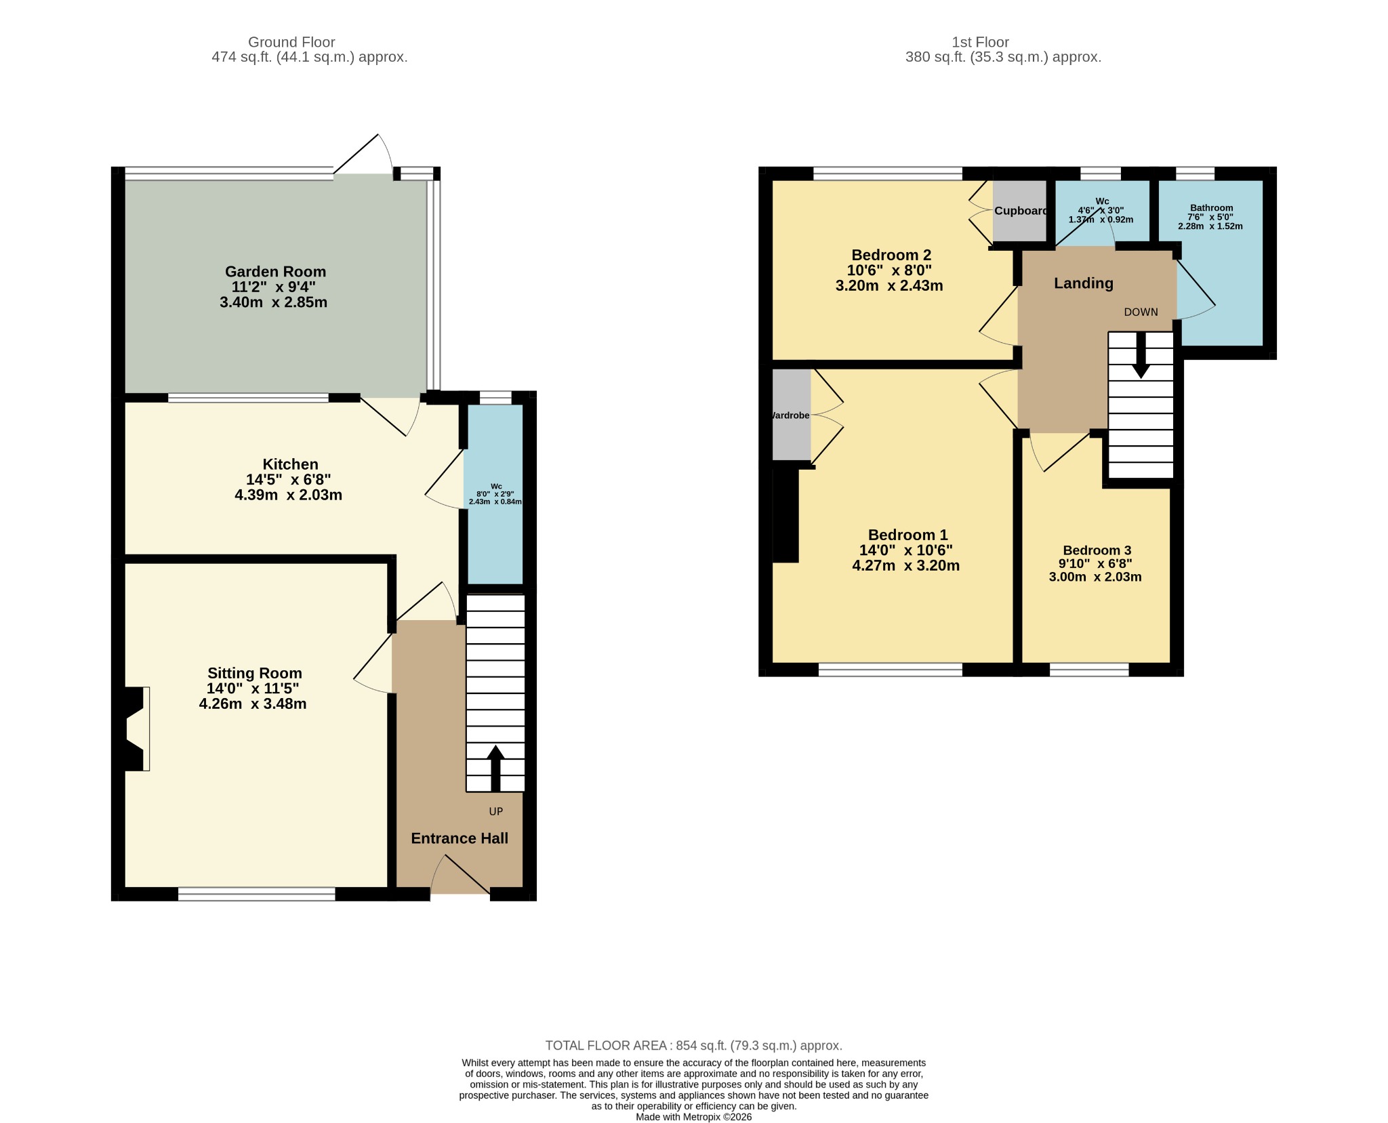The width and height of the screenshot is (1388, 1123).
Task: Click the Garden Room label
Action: point(275,272)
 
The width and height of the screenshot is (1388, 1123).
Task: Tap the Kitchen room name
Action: point(290,464)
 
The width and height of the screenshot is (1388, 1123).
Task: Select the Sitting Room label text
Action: point(254,673)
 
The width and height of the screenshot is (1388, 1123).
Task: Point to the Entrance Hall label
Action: point(460,838)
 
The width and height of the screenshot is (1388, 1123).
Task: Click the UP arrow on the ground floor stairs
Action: point(495,769)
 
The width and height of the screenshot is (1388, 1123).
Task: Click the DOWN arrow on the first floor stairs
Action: point(1141,354)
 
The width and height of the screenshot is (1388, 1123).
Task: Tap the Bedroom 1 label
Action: point(907,535)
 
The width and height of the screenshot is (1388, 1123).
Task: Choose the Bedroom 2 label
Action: point(891,255)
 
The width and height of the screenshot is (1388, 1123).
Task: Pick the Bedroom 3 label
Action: point(1097,550)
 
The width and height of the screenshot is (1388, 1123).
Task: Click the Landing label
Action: point(1083,283)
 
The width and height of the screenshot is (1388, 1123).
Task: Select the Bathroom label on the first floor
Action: point(1211,208)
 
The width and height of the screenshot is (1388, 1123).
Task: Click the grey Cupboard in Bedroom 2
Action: point(1019,211)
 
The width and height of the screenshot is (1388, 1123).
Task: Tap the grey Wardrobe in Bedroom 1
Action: point(792,415)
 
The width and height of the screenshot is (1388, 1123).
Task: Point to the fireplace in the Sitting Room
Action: point(136,729)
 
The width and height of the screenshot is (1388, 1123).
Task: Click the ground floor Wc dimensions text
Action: point(495,498)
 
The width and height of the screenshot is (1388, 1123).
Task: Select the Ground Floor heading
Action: point(291,42)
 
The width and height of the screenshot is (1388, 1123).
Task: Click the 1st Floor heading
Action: point(980,42)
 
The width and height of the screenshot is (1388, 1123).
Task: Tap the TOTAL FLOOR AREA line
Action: point(693,1045)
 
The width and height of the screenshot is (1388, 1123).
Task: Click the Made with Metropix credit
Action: point(693,1117)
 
